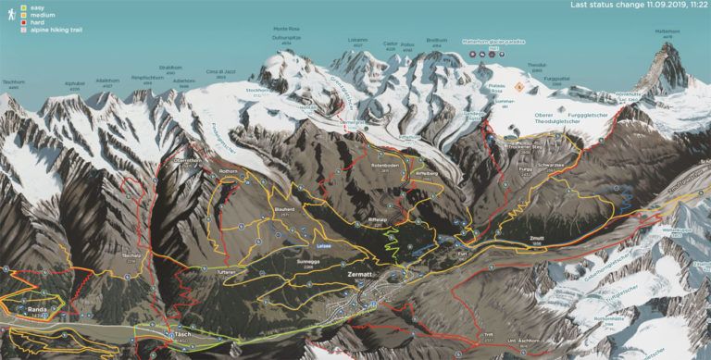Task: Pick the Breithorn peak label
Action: pyautogui.click(x=437, y=41)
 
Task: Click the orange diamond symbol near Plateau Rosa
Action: pyautogui.click(x=519, y=86)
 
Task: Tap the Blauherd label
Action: pyautogui.click(x=283, y=209)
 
